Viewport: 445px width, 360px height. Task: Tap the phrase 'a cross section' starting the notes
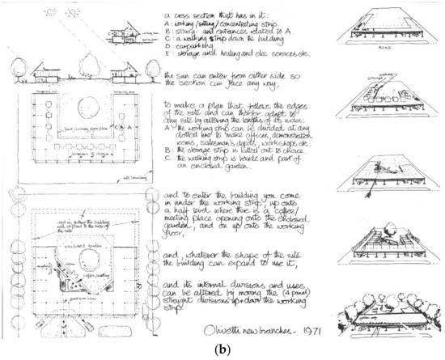point(194,15)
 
